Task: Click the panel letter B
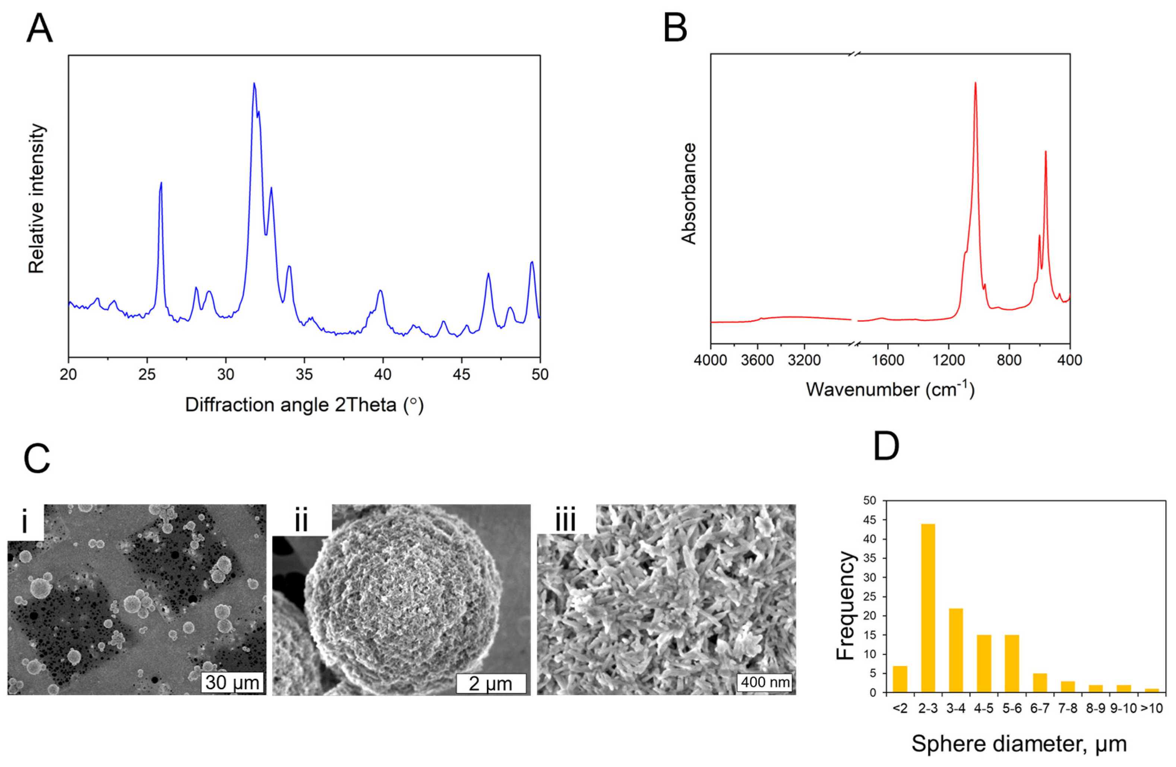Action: (x=674, y=28)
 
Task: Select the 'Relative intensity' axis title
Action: (x=37, y=198)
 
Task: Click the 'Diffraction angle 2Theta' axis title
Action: (x=304, y=405)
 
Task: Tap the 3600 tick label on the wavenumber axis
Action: (x=758, y=360)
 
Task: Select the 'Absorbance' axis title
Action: (x=688, y=194)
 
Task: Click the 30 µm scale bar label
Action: (x=232, y=682)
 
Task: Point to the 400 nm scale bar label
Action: (x=765, y=682)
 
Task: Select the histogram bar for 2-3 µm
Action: (x=928, y=608)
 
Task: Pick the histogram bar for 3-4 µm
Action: (x=956, y=650)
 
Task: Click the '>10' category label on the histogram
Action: (x=1151, y=709)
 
